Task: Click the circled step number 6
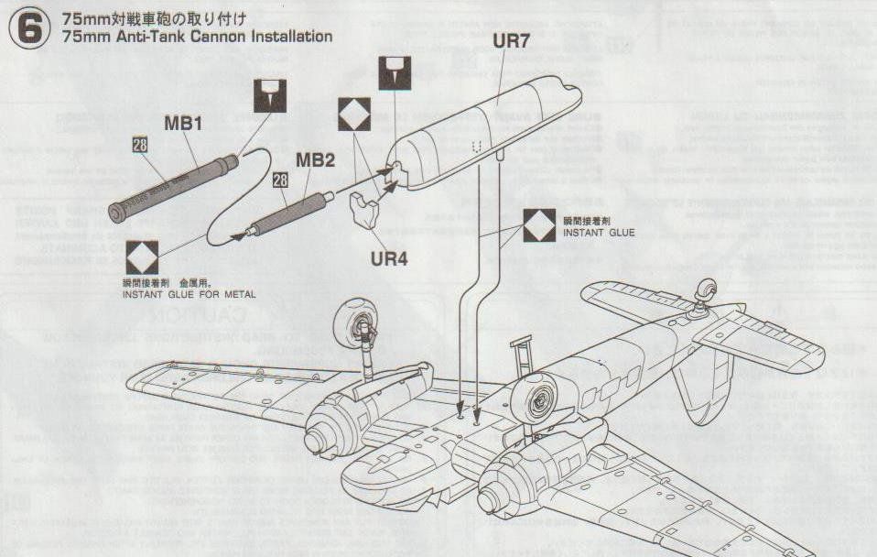(x=28, y=28)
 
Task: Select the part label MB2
(x=315, y=160)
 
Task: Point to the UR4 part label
(x=389, y=258)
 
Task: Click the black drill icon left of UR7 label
(x=394, y=73)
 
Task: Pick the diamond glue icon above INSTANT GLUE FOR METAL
(x=142, y=257)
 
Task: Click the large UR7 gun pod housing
(x=485, y=135)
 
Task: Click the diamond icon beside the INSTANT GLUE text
(x=539, y=224)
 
